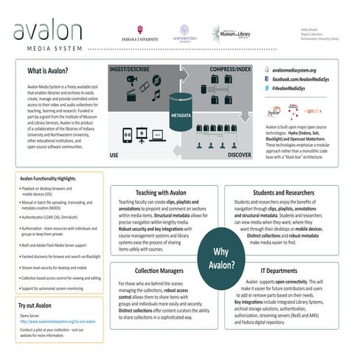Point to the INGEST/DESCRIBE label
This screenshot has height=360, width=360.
pyautogui.click(x=131, y=69)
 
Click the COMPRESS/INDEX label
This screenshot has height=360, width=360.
pyautogui.click(x=226, y=69)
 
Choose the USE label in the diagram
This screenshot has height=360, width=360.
pyautogui.click(x=114, y=156)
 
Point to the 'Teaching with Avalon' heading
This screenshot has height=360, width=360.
pyautogui.click(x=162, y=191)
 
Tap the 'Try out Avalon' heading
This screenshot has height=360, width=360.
pyautogui.click(x=35, y=305)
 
